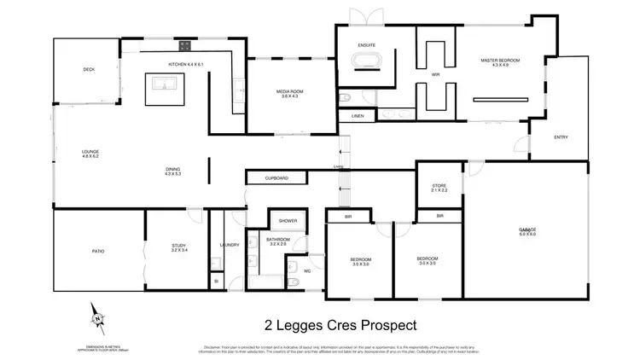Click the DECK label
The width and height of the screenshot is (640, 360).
(88, 69)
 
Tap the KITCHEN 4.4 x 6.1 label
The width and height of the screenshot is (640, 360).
(186, 65)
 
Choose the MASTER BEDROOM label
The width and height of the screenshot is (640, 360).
(499, 61)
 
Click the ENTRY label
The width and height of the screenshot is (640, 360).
(561, 136)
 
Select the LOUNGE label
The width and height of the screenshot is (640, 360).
(90, 154)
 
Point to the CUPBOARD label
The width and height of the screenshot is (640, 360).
(276, 178)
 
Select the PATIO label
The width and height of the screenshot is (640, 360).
(98, 252)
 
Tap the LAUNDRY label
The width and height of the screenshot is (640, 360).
(228, 246)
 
